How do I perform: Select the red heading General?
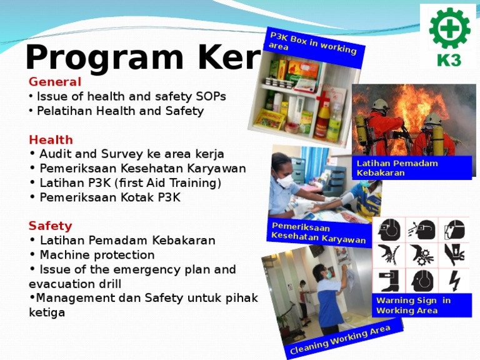[55, 82]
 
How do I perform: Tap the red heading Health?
[51, 139]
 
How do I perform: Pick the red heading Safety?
[50, 226]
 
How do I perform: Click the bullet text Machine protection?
[97, 255]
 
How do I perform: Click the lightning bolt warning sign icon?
[454, 281]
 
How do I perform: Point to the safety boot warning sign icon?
[389, 281]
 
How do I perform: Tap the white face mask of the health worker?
[284, 182]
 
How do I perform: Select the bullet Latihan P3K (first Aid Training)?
[130, 183]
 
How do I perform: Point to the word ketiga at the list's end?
[47, 312]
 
